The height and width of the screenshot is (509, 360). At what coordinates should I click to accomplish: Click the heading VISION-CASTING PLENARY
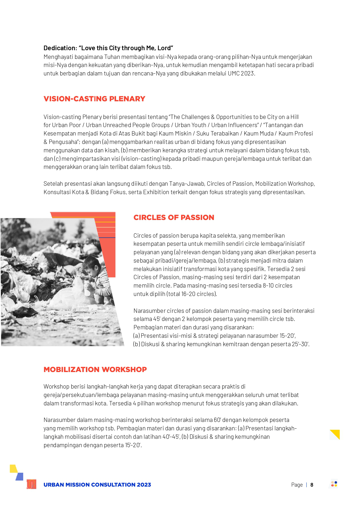point(94,99)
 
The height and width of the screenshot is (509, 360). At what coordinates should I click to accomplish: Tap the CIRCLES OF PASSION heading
point(174,218)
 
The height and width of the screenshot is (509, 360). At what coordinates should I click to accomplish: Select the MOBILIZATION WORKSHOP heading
point(95,370)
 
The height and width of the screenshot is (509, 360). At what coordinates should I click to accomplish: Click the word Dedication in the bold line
point(60,48)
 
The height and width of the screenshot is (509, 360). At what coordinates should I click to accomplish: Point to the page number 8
point(312,485)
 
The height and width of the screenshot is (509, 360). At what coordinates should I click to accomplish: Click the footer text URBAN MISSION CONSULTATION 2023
point(97,485)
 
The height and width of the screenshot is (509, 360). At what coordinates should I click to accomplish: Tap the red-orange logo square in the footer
point(31,484)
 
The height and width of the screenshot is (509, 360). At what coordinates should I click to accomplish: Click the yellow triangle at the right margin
point(336,434)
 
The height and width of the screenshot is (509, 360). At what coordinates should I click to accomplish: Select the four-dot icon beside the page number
point(334,484)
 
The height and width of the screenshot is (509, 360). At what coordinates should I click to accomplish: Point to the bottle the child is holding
point(87,287)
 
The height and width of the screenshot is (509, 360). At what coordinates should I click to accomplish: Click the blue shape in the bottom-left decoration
point(20,476)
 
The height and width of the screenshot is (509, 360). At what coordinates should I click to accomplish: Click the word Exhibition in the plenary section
point(156,192)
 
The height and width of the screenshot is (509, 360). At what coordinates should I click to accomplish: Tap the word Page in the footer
point(297,485)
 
